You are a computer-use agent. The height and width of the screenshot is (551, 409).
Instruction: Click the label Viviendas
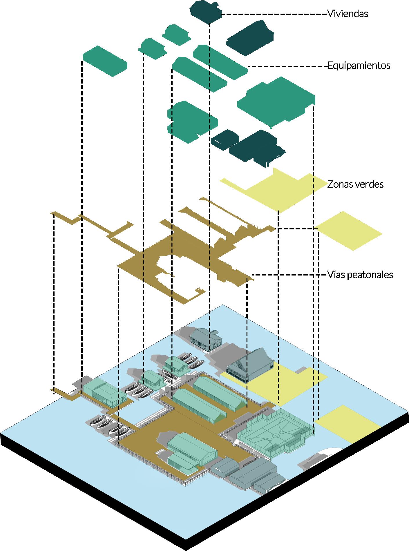coord(348,14)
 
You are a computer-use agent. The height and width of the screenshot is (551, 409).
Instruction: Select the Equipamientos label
coord(359,66)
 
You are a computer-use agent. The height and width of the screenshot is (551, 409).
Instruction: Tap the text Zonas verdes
coord(355,184)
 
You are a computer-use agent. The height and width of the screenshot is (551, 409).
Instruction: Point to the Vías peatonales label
coord(360,274)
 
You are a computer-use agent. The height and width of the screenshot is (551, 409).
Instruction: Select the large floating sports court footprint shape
coord(276,101)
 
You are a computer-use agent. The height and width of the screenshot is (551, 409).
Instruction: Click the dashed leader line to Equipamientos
coord(287,67)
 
